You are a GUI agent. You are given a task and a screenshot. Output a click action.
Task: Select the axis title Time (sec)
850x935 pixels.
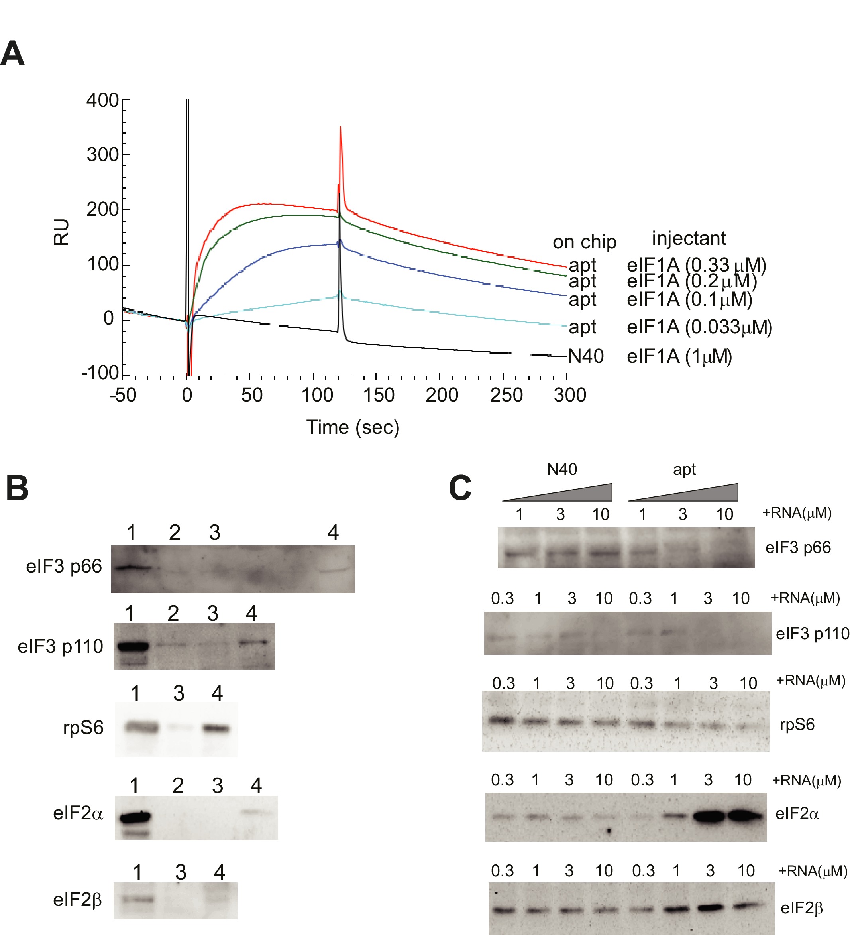352,427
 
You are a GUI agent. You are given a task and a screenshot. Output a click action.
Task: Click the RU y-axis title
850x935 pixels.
62,232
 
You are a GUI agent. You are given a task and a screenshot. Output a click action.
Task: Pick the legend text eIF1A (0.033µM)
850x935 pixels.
699,327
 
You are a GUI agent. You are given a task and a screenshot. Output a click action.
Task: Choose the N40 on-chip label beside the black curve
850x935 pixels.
586,356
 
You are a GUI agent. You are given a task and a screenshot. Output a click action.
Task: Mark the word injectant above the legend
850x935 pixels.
689,238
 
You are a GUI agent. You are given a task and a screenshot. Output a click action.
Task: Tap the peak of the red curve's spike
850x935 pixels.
341,127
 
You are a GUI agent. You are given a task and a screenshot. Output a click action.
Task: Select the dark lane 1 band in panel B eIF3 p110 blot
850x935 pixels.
133,645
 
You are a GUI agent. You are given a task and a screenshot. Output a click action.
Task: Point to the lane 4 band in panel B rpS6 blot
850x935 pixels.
217,728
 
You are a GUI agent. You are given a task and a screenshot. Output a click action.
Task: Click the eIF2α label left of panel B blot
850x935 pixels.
78,813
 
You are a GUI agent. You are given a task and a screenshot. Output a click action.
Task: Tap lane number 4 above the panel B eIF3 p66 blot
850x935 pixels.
333,532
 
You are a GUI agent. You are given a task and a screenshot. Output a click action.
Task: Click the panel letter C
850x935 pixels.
460,488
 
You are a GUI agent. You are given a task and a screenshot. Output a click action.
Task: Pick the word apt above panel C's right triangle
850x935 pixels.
684,469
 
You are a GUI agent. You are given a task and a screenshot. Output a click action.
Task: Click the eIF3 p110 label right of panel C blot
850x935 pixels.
812,634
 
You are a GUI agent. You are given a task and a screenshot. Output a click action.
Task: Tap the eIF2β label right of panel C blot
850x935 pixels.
801,907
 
